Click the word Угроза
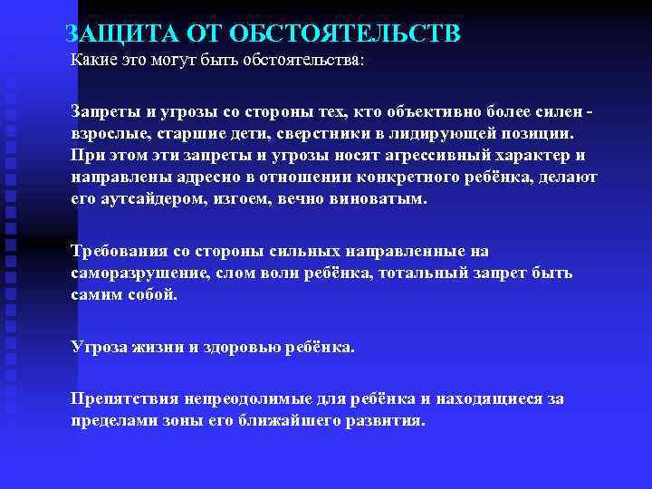tap(98, 347)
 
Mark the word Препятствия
tap(121, 398)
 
